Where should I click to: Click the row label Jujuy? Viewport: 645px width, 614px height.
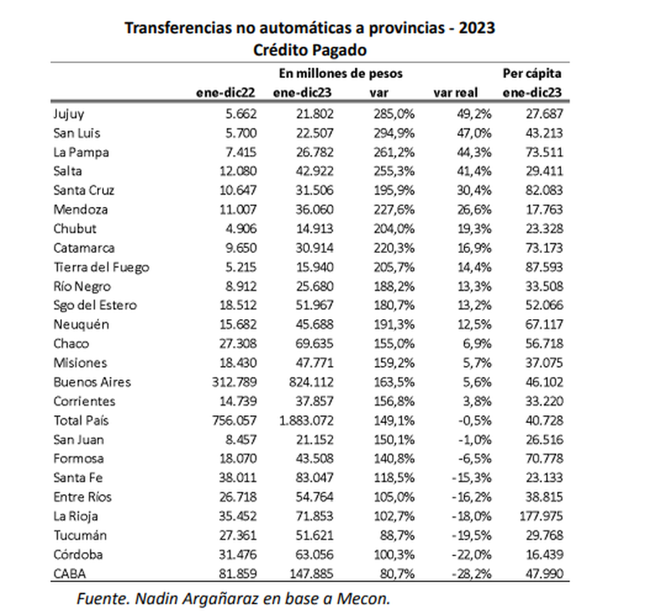(69, 114)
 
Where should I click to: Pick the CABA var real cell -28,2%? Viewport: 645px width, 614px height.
(472, 574)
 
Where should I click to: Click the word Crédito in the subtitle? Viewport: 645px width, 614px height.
(281, 49)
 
